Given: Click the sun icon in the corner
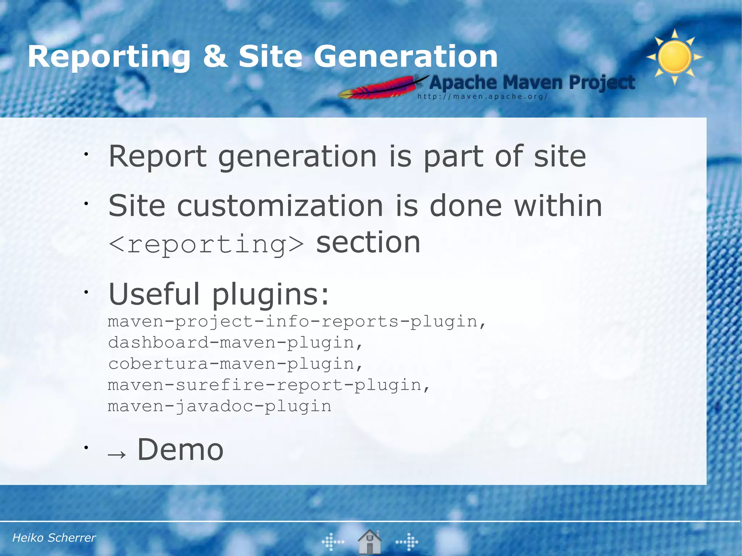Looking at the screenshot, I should point(674,57).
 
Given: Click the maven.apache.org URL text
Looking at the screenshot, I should point(482,97).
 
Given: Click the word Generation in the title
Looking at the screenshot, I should point(405,57).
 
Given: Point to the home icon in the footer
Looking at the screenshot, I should point(369,542).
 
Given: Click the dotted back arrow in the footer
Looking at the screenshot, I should point(333,542).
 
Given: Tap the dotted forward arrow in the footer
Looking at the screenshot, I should point(407,542).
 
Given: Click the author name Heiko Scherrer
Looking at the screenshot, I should point(54,538).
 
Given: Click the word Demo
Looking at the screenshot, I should point(180,450).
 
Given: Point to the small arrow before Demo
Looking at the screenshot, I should point(117,454).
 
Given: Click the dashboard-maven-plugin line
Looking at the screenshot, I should point(235,343).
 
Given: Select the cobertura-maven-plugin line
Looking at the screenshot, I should point(235,364).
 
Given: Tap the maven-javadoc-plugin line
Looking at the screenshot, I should point(220,406).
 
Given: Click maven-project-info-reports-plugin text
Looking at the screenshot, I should point(297,322).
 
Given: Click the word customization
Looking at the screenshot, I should point(280,206).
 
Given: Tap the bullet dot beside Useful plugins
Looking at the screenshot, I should point(86,292).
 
